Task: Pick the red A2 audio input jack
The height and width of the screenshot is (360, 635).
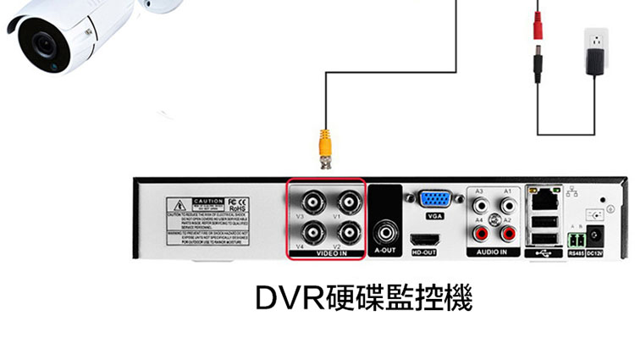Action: (x=509, y=230)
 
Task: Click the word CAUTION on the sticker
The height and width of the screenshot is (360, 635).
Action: (x=210, y=202)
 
